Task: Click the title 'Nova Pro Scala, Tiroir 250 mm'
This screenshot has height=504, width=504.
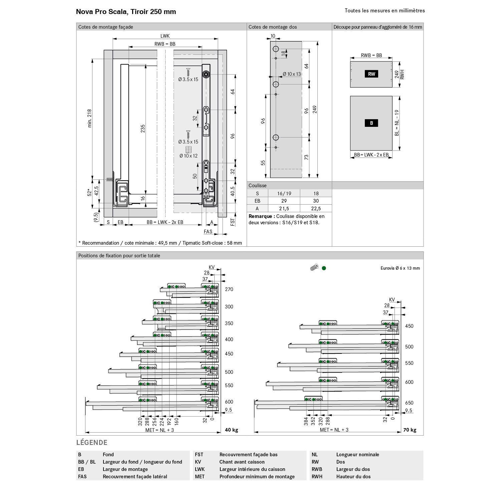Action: (126, 12)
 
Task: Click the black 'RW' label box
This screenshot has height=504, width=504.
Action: (371, 74)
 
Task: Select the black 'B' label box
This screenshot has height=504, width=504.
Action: (371, 123)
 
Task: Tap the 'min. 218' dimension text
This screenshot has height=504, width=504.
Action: (89, 118)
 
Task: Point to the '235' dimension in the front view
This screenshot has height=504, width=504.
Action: (143, 128)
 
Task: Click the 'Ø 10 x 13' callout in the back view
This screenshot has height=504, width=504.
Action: (292, 74)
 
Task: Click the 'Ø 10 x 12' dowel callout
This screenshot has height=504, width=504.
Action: (188, 156)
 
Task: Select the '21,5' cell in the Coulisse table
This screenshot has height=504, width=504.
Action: (284, 209)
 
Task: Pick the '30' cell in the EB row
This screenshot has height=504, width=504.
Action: (316, 201)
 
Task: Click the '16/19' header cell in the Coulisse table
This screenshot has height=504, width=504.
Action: (284, 193)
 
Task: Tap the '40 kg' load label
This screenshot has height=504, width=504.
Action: (231, 430)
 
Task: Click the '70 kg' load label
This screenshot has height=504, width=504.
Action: (410, 430)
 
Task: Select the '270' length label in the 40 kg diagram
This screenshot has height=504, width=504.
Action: (229, 289)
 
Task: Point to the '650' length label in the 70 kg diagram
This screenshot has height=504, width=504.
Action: (409, 403)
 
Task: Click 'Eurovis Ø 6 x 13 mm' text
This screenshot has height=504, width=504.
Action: (400, 268)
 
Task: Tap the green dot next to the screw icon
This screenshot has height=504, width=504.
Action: (324, 268)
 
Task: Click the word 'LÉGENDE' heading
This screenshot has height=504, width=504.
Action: (92, 443)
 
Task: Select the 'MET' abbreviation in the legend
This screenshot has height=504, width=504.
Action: (200, 477)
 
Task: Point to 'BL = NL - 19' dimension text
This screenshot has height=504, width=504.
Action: (397, 123)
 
